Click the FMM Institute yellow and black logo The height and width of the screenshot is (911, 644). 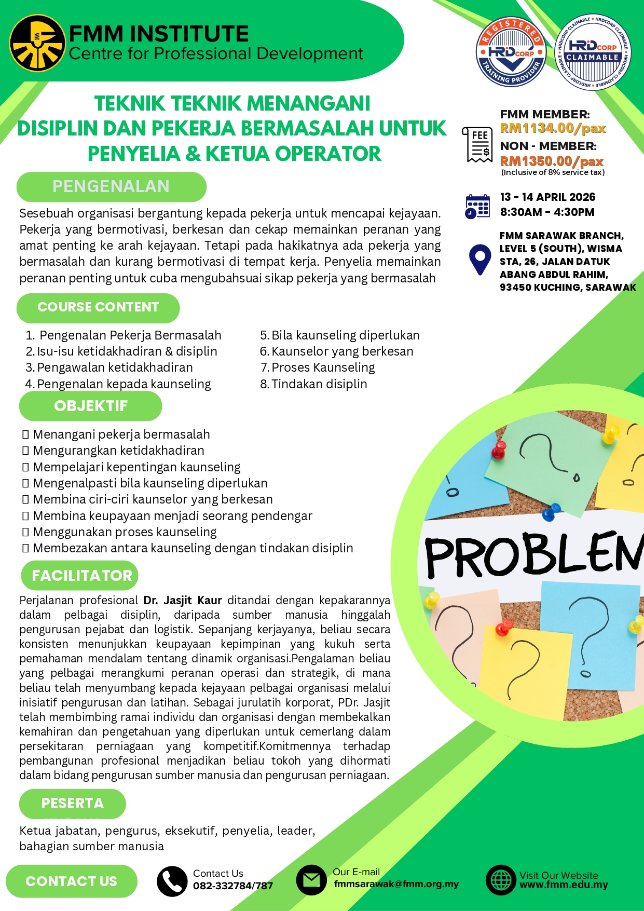[37, 43]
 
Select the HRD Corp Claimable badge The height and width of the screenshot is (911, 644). [593, 52]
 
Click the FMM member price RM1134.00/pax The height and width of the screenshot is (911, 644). [553, 128]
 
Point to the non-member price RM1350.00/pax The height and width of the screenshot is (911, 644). [552, 161]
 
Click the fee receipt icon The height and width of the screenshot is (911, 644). [477, 144]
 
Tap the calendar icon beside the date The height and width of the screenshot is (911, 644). [477, 206]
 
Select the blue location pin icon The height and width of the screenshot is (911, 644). [479, 260]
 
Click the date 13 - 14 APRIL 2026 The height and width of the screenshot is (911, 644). [547, 197]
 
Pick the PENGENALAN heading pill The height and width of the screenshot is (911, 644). [111, 186]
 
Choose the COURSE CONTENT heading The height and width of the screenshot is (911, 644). [98, 307]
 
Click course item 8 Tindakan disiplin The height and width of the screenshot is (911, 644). [314, 384]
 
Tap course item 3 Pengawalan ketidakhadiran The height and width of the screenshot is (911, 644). [109, 368]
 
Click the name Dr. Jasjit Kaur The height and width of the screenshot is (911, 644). [183, 601]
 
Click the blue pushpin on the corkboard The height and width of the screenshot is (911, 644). [551, 512]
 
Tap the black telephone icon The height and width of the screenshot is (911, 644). [172, 881]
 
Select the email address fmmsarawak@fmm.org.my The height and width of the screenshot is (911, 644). [396, 884]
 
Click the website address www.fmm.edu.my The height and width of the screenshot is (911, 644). [564, 885]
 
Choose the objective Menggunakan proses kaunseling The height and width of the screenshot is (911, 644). [125, 532]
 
